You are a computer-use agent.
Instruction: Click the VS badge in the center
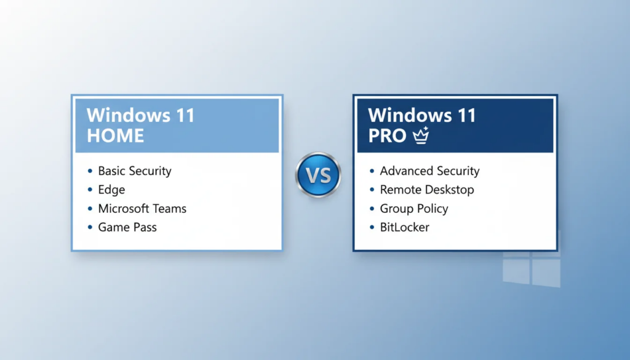318,175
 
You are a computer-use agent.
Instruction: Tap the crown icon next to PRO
421,135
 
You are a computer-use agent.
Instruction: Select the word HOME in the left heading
115,135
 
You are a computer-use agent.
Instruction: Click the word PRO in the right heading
387,135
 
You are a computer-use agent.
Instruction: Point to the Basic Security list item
135,171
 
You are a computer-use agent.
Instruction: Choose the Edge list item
111,190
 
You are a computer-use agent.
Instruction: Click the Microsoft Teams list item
142,209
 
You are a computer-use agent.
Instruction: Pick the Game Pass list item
127,227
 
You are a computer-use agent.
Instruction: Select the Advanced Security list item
429,171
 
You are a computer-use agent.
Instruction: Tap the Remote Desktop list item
427,190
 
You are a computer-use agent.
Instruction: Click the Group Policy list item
414,209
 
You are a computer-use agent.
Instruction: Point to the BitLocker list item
404,227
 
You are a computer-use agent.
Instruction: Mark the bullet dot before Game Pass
90,228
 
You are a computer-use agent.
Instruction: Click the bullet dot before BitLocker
372,228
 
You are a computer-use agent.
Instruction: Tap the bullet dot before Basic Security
90,172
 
